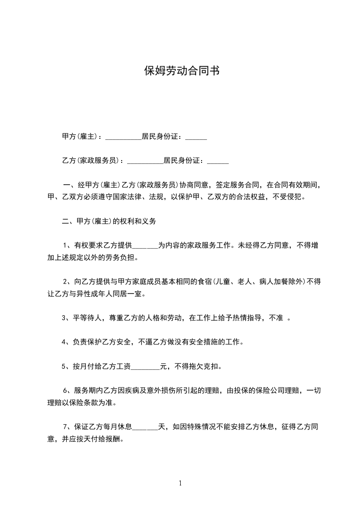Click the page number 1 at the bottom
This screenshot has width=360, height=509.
180,483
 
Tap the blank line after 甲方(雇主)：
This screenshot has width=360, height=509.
123,137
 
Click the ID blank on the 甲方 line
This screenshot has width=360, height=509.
196,137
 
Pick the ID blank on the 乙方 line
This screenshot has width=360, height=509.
218,161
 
